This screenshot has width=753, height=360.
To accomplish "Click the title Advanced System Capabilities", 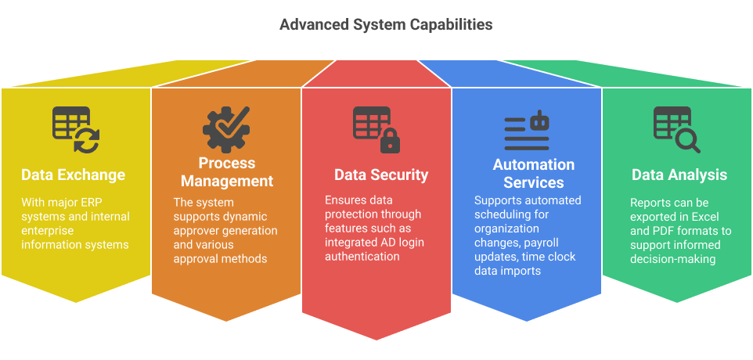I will click(x=386, y=25).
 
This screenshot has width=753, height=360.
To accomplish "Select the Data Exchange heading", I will click(x=73, y=174).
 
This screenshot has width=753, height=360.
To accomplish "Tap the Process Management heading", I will click(x=227, y=172).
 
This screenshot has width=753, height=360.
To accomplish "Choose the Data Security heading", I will click(x=381, y=175).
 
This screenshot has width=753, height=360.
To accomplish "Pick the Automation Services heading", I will click(x=534, y=174).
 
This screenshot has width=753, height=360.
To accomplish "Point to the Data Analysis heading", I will click(x=679, y=175).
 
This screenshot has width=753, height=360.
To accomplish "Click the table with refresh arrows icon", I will click(x=76, y=129).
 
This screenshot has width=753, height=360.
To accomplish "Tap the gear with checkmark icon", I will click(x=227, y=128).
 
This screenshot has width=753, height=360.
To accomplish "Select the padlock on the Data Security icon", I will click(x=390, y=142).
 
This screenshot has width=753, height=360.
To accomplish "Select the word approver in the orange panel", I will click(x=196, y=230).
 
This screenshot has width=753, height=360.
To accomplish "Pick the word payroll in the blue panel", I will click(x=557, y=243).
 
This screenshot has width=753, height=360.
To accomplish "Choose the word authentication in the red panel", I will click(x=362, y=257).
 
